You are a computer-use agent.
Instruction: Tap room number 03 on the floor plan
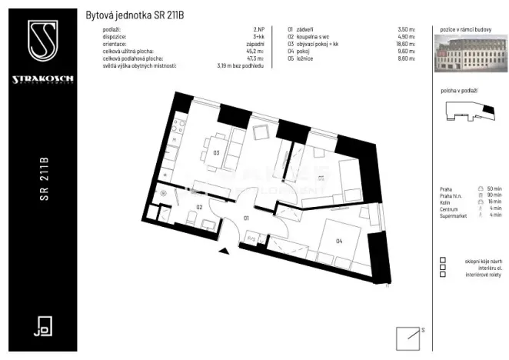[217, 152]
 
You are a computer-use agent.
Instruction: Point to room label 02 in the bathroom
[198, 207]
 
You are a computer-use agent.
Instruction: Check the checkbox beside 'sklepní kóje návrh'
[443, 261]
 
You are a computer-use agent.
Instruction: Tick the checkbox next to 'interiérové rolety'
[443, 275]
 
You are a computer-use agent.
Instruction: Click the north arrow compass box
[408, 338]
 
